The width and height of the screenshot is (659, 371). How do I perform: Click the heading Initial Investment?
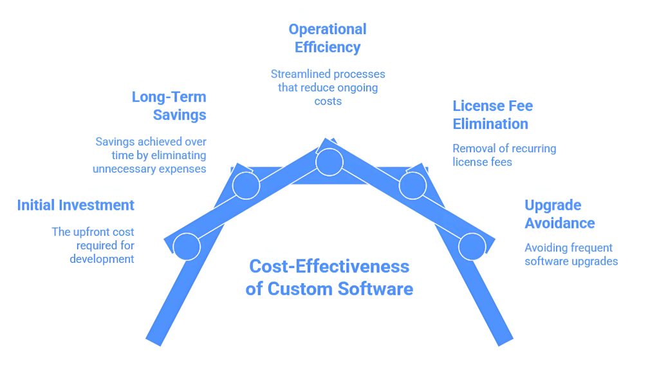point(76,205)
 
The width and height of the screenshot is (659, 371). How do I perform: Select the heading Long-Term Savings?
point(169,106)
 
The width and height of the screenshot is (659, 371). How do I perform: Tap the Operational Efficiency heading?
point(328,38)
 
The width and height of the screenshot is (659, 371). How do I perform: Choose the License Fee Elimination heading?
point(493,115)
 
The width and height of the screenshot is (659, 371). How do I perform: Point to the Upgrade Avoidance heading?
point(559,214)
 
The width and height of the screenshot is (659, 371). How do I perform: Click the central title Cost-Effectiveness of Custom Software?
point(329,277)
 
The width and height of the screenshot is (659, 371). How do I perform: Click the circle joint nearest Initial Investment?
point(187,247)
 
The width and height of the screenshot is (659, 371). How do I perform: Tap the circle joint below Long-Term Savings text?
point(246,185)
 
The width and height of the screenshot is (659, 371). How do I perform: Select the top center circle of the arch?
point(329,162)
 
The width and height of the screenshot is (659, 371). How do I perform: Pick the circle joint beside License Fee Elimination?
point(413,185)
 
